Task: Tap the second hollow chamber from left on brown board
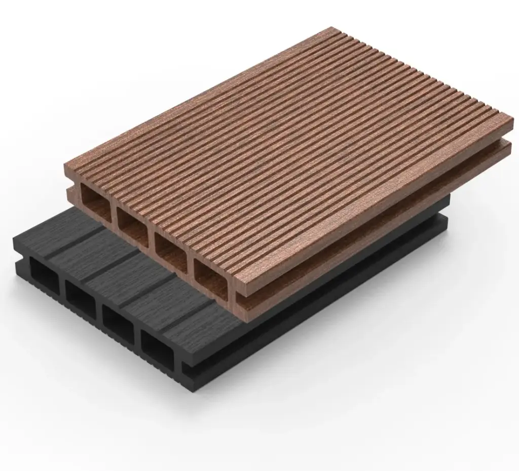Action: tap(131, 224)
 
